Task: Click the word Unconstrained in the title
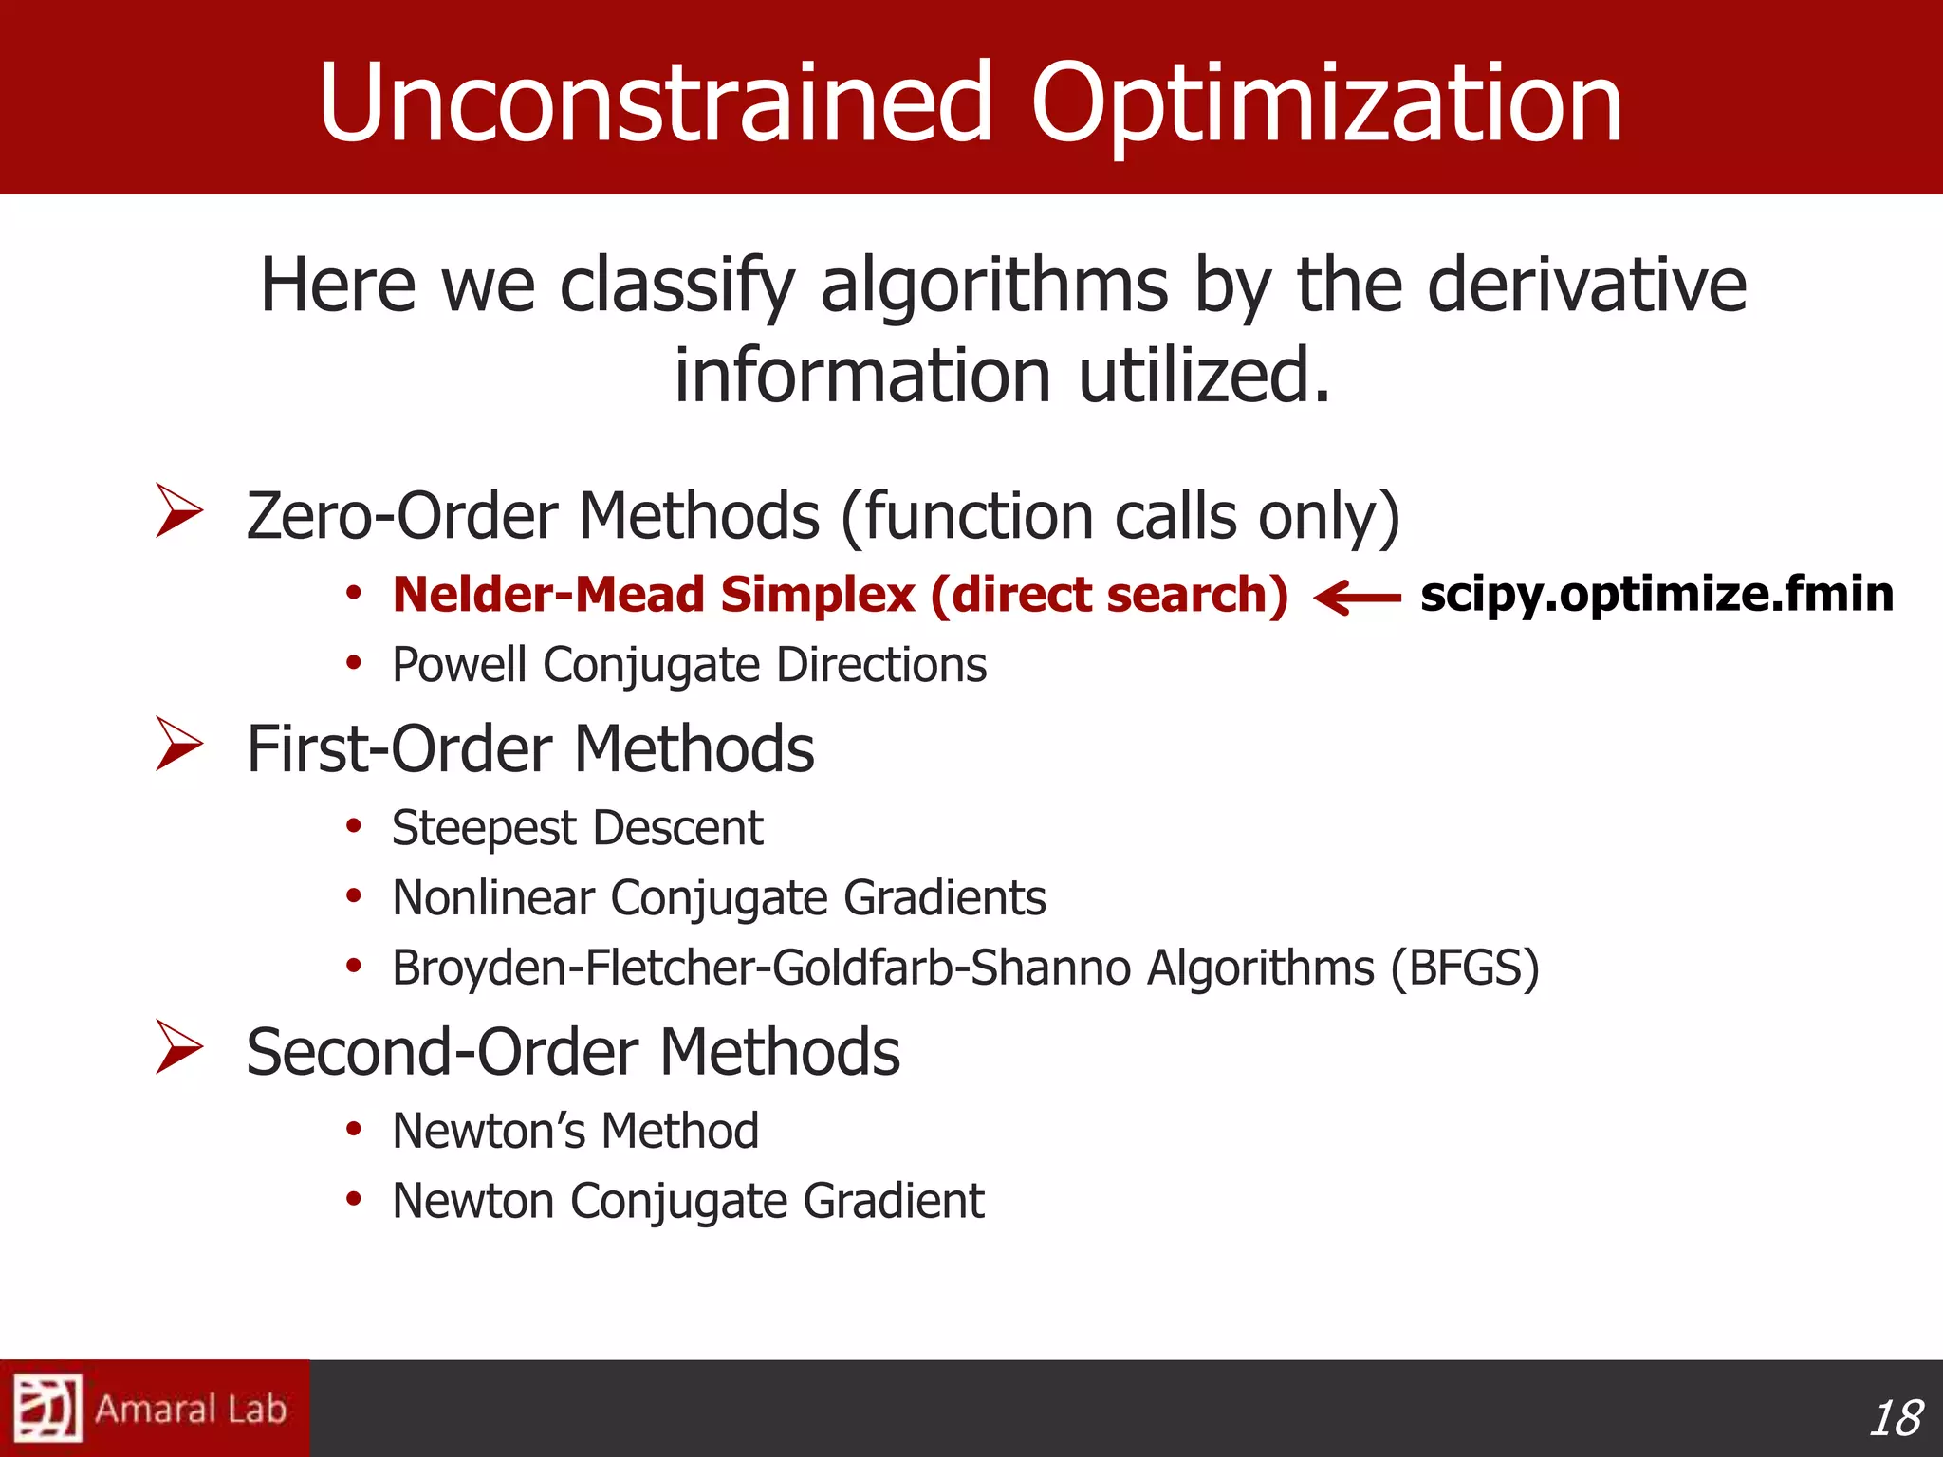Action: (x=655, y=102)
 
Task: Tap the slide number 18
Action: (x=1896, y=1418)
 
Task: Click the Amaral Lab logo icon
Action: (x=47, y=1408)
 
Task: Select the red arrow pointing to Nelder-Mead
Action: (x=1357, y=598)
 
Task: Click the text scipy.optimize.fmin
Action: (x=1656, y=595)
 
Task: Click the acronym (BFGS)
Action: (x=1465, y=968)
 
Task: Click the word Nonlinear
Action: (x=493, y=897)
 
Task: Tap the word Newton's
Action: (x=488, y=1131)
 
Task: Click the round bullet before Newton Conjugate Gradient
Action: (x=354, y=1199)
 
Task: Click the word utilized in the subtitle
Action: (x=1203, y=375)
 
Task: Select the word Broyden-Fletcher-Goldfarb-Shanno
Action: (x=761, y=968)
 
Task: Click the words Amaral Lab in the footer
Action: (x=191, y=1410)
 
